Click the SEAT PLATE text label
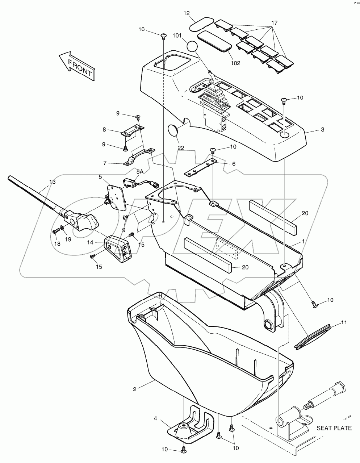coord(334,428)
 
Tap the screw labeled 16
coord(164,35)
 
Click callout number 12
coord(187,13)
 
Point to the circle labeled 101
coord(192,47)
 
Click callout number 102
coord(235,63)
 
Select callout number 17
coord(274,22)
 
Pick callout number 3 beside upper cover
coord(322,130)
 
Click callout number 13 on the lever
coord(53,182)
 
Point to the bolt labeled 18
coord(55,230)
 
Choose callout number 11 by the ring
coord(344,322)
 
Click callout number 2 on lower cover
coord(135,389)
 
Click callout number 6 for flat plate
coord(234,163)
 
